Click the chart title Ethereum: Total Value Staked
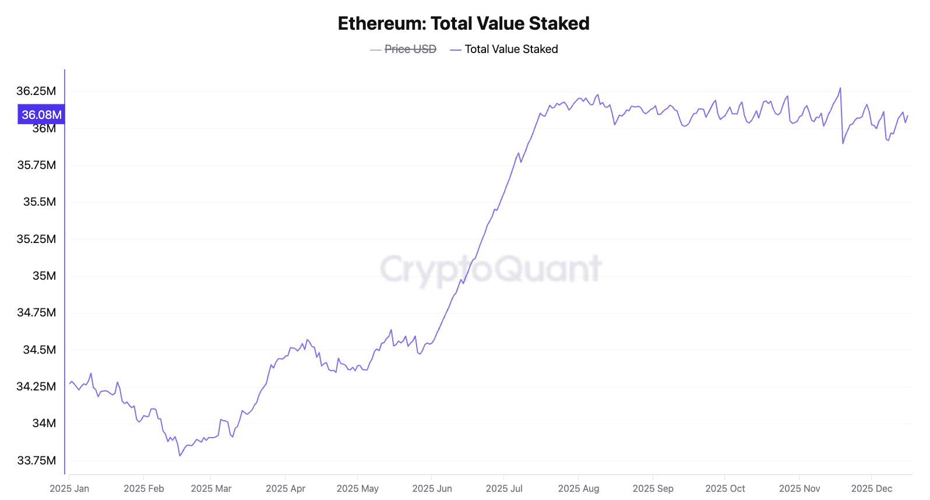[x=463, y=23]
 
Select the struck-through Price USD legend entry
[x=410, y=50]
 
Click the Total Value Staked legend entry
[x=510, y=50]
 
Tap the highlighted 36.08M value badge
[x=41, y=115]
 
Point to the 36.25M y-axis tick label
[x=36, y=91]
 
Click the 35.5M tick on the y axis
[x=40, y=202]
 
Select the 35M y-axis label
[x=44, y=276]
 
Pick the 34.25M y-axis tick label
[x=36, y=386]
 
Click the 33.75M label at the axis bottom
[x=36, y=460]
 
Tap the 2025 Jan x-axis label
[x=69, y=488]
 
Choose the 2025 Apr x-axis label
[x=286, y=488]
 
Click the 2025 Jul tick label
[x=504, y=488]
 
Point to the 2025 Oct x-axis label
[x=725, y=488]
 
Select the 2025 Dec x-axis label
[x=871, y=488]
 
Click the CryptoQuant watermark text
[x=490, y=269]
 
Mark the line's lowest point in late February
[x=180, y=456]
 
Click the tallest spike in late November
[x=840, y=89]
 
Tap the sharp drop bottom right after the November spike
[x=843, y=143]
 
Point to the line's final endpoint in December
[x=908, y=115]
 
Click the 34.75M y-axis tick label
[x=36, y=312]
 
